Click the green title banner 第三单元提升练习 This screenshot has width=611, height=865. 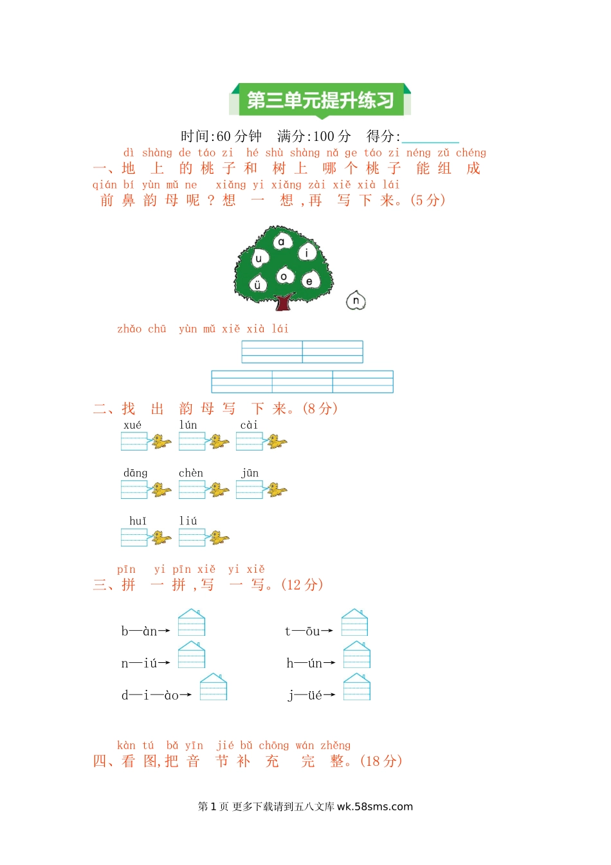tap(320, 100)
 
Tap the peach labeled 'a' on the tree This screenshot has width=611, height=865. tap(282, 242)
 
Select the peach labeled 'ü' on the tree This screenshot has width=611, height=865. tap(257, 284)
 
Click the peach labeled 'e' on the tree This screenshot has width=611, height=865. tap(310, 281)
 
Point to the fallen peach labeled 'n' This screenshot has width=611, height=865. tap(356, 301)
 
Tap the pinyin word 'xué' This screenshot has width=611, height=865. tap(132, 425)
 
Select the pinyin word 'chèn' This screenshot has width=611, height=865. tap(190, 473)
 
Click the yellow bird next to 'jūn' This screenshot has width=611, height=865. tap(277, 489)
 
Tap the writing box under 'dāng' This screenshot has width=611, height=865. tap(134, 489)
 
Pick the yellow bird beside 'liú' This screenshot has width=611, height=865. tap(219, 537)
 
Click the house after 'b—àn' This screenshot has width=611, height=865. tap(192, 622)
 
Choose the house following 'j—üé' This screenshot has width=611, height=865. tap(357, 687)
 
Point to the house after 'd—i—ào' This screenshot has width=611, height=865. tap(214, 687)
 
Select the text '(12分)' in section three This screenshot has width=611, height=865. tap(302, 584)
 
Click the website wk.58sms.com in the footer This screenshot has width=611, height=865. tap(375, 806)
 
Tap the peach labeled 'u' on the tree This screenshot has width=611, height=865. tap(259, 259)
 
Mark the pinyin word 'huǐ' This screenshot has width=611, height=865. tap(138, 521)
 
